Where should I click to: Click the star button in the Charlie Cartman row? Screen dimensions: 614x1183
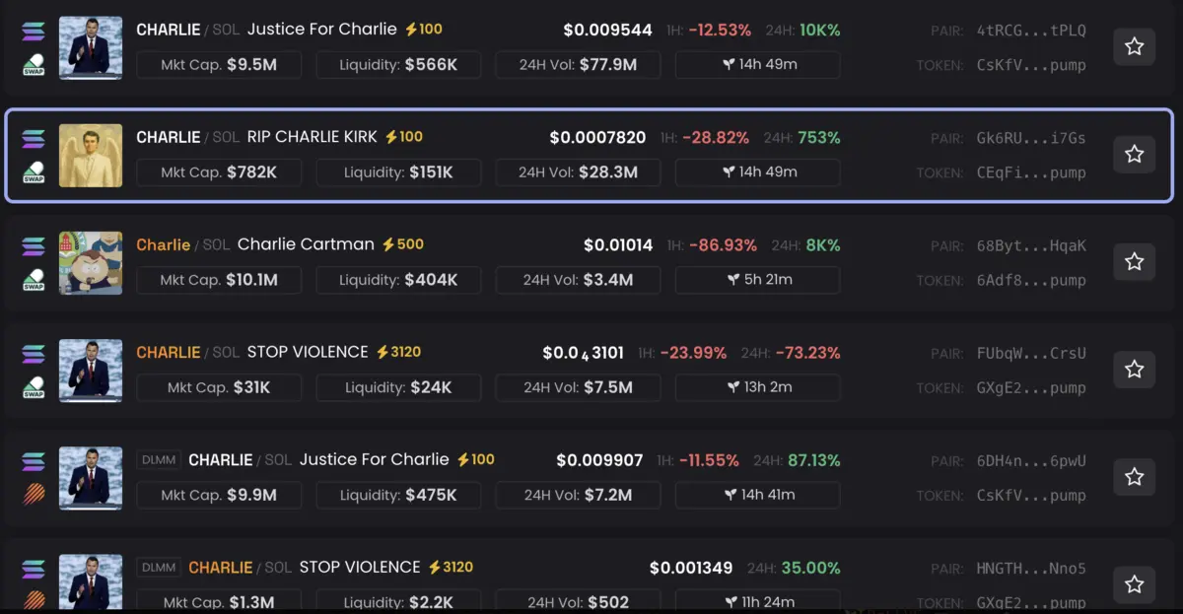[1134, 261]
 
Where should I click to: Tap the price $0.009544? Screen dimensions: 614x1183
[607, 30]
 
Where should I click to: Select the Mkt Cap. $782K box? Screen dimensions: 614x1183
[219, 172]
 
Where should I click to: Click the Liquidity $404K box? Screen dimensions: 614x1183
[398, 280]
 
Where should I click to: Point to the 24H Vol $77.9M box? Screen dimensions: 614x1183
[578, 65]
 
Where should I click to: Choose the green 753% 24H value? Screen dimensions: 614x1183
[818, 137]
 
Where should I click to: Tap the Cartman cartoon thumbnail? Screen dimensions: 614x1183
[91, 262]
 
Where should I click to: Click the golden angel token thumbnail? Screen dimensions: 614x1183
[91, 155]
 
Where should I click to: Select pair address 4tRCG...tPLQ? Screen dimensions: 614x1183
[1030, 30]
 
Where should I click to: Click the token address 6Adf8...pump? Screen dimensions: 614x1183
[1030, 280]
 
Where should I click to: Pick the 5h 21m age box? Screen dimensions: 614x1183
[757, 280]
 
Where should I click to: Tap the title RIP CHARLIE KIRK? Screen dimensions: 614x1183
[312, 137]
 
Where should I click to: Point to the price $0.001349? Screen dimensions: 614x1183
[690, 568]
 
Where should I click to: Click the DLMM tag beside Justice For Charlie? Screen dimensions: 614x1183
[158, 459]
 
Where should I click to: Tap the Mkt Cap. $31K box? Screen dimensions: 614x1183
[219, 387]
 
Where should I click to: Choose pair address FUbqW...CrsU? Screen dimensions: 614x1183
[1030, 352]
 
